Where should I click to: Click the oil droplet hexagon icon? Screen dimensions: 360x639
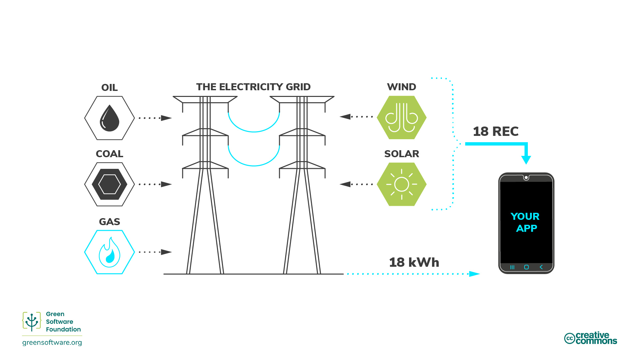click(109, 118)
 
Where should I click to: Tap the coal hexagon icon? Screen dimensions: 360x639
click(109, 184)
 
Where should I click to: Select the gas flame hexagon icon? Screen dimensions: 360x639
click(109, 252)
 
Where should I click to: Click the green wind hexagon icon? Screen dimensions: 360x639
click(402, 118)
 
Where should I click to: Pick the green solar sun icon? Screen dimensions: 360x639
click(402, 184)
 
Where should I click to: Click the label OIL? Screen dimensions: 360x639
click(109, 88)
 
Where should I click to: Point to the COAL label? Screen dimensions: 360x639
click(109, 154)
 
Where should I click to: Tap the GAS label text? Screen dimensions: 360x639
click(109, 222)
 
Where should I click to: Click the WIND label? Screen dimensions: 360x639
click(401, 87)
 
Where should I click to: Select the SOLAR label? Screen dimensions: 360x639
click(402, 154)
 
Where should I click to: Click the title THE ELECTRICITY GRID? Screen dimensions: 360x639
click(253, 87)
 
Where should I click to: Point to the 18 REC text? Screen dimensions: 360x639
click(496, 132)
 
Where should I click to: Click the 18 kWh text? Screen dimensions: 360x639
click(414, 262)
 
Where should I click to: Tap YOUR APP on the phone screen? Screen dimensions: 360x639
click(526, 222)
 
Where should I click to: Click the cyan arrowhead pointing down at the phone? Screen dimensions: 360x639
click(526, 160)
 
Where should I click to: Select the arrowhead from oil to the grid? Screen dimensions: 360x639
click(166, 118)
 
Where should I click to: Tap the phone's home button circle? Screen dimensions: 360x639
click(526, 267)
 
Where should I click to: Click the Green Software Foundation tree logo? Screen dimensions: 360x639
click(32, 322)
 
